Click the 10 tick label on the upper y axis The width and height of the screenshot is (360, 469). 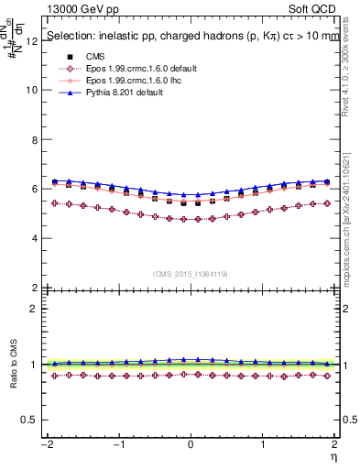pyautogui.click(x=33, y=91)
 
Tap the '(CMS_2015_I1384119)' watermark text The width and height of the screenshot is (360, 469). pyautogui.click(x=191, y=274)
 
